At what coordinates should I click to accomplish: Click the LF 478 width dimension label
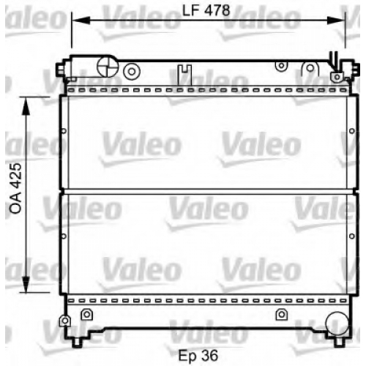(x=206, y=10)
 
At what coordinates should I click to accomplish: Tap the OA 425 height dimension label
(x=16, y=188)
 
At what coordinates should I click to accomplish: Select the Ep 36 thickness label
(x=198, y=356)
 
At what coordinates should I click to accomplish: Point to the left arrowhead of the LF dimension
(x=81, y=20)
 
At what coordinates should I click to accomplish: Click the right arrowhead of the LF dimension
(x=336, y=20)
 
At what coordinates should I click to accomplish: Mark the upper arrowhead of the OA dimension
(x=26, y=106)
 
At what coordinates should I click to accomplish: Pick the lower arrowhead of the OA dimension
(x=26, y=283)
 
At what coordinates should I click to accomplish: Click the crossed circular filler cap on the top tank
(x=108, y=67)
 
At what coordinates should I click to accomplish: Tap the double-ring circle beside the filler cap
(x=132, y=72)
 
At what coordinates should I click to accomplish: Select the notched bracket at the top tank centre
(x=184, y=75)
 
